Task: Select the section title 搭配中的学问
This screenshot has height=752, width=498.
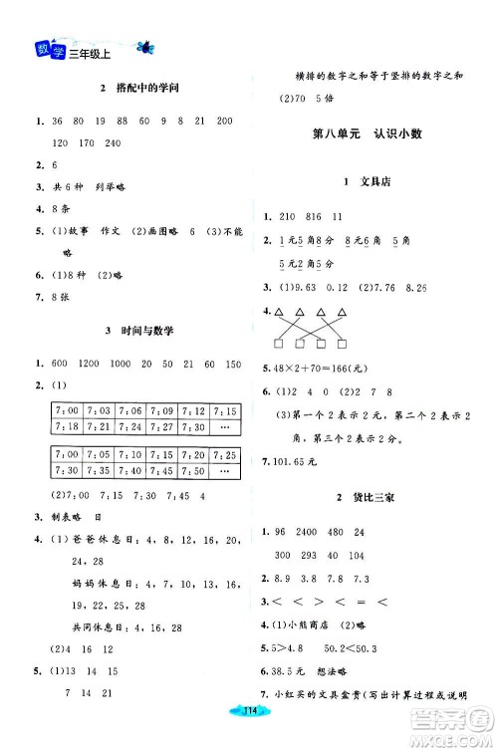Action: click(136, 90)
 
